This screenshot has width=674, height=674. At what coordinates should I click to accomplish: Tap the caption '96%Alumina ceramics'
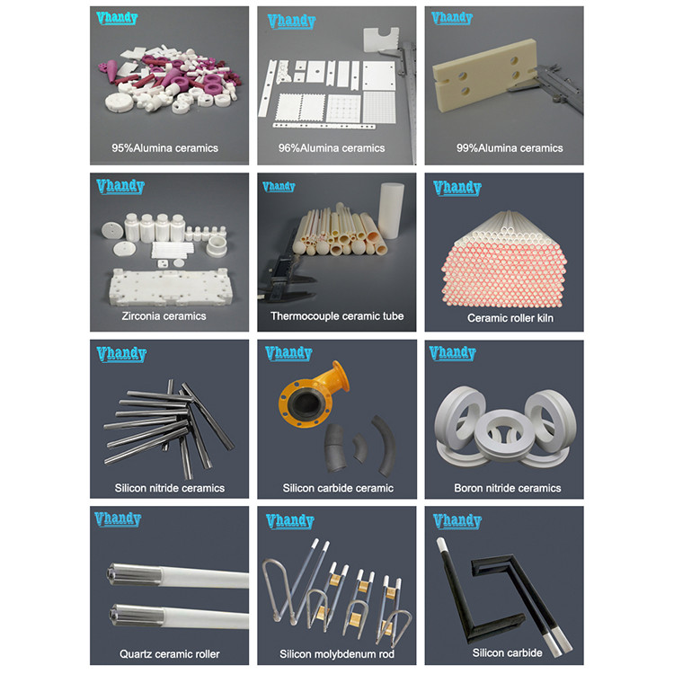pos(336,148)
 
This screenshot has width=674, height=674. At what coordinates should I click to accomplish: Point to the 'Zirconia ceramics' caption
pos(164,316)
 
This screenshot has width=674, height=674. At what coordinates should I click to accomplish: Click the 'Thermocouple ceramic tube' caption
pos(337,316)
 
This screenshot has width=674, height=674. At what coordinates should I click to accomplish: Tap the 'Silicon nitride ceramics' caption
pos(170,489)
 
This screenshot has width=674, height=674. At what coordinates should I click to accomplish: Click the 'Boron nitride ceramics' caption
pos(507,489)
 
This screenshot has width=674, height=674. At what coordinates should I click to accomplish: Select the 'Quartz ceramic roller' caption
pos(170,653)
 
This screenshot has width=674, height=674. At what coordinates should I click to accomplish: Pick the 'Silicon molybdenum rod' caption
pos(337,653)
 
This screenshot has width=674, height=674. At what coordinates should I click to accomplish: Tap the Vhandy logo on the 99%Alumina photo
pos(457,19)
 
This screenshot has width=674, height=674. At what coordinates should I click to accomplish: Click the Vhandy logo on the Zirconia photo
pos(120,187)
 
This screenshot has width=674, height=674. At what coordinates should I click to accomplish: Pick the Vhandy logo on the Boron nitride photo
pos(457,353)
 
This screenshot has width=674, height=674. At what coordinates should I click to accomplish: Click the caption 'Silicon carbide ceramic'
pos(337,489)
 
